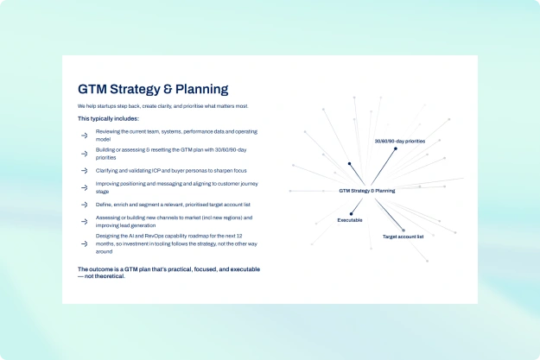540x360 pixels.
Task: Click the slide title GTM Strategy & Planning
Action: click(x=153, y=89)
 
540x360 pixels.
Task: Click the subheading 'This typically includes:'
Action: click(x=108, y=119)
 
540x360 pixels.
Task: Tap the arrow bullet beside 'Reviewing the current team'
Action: click(x=85, y=136)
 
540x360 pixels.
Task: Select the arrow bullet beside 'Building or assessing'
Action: click(x=85, y=154)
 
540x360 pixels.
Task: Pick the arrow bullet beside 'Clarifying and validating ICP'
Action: click(x=85, y=171)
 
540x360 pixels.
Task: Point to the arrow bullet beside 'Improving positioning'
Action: click(x=85, y=188)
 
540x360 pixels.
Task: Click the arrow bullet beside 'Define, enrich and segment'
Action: click(x=85, y=205)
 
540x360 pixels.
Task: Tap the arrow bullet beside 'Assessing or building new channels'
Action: click(x=85, y=222)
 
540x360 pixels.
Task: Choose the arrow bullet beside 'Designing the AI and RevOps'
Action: click(x=85, y=244)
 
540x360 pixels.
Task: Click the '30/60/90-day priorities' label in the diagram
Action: click(x=400, y=141)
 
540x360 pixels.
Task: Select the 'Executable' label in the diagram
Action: click(x=350, y=220)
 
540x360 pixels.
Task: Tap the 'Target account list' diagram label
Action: click(x=403, y=237)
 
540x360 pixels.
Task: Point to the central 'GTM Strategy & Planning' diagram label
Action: click(x=367, y=191)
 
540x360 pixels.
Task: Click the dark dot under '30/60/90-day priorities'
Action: click(x=396, y=148)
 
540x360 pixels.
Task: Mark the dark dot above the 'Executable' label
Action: click(x=351, y=214)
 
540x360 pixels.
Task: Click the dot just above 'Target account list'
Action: click(x=403, y=231)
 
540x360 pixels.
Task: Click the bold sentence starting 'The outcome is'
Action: click(x=168, y=273)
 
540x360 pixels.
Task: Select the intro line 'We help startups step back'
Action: click(x=163, y=106)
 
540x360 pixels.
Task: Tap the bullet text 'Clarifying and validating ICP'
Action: click(x=171, y=171)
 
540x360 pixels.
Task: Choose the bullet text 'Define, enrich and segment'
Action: click(x=173, y=205)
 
